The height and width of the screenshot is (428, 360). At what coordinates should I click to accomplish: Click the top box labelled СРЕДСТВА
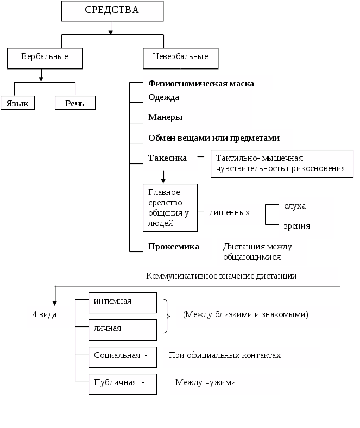112,10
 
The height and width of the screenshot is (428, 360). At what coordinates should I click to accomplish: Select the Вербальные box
45,58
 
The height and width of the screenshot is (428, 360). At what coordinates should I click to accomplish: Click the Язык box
18,103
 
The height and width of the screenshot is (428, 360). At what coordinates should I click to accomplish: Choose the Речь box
75,103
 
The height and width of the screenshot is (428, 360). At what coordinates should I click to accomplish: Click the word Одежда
164,97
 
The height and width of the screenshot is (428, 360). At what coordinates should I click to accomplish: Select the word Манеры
166,117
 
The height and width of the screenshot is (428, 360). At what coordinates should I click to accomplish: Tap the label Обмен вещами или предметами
214,138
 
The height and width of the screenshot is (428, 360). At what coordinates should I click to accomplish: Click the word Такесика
168,158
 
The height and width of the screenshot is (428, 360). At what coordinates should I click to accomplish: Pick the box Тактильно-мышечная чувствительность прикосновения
281,163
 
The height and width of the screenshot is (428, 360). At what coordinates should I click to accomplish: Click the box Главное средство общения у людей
170,207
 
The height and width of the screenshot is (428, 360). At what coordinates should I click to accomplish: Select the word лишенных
230,212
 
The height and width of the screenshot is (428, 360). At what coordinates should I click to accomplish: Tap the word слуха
295,206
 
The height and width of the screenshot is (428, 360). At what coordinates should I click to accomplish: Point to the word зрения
297,226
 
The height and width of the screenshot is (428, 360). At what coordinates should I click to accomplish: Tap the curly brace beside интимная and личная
167,316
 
